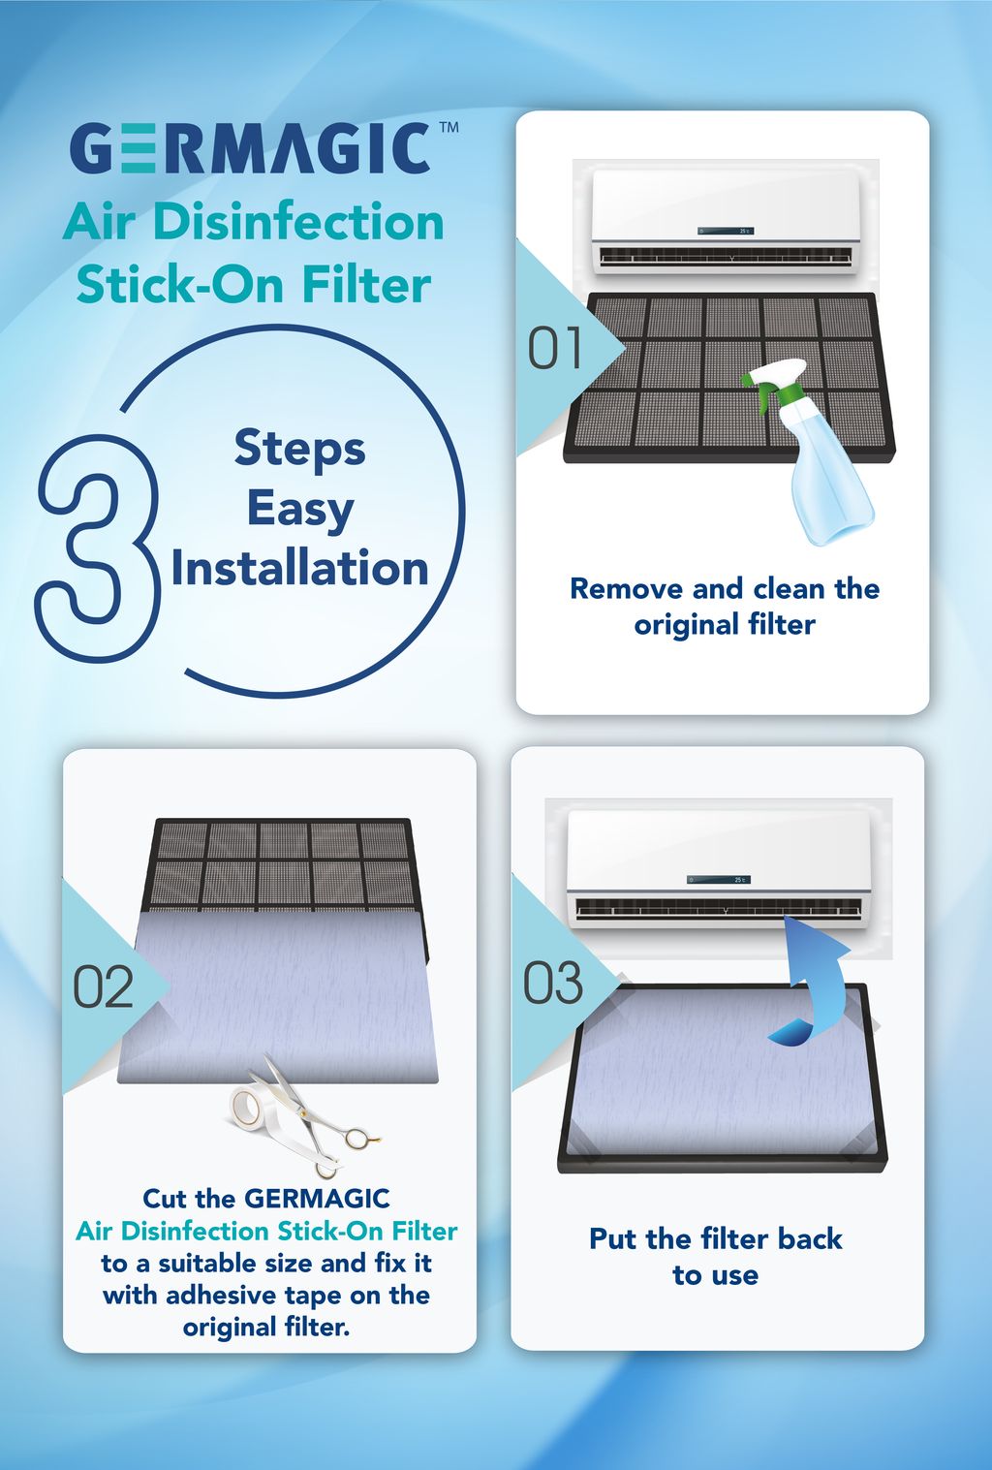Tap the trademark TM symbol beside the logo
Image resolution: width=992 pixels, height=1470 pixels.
(x=449, y=127)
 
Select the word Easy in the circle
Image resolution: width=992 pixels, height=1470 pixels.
(x=300, y=510)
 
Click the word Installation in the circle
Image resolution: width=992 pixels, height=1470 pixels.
(x=300, y=568)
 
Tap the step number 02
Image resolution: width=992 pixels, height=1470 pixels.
(x=103, y=986)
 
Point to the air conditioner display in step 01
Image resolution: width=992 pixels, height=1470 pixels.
(x=726, y=231)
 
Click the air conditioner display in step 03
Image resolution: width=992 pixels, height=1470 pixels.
(x=719, y=879)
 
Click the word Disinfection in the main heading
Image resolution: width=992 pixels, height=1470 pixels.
(x=298, y=223)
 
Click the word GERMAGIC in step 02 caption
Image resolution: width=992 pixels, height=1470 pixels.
(x=317, y=1199)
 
